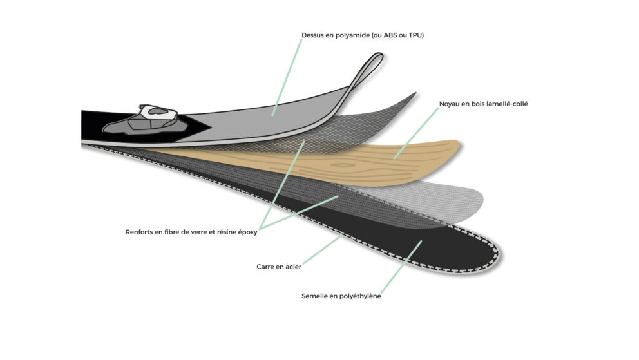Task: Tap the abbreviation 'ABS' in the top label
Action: point(390,35)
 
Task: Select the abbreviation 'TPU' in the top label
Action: point(415,35)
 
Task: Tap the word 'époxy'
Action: point(248,232)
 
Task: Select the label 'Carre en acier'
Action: point(279,267)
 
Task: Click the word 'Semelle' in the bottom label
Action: point(314,296)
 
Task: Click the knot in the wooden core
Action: point(343,165)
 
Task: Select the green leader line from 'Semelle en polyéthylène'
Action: point(401,267)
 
